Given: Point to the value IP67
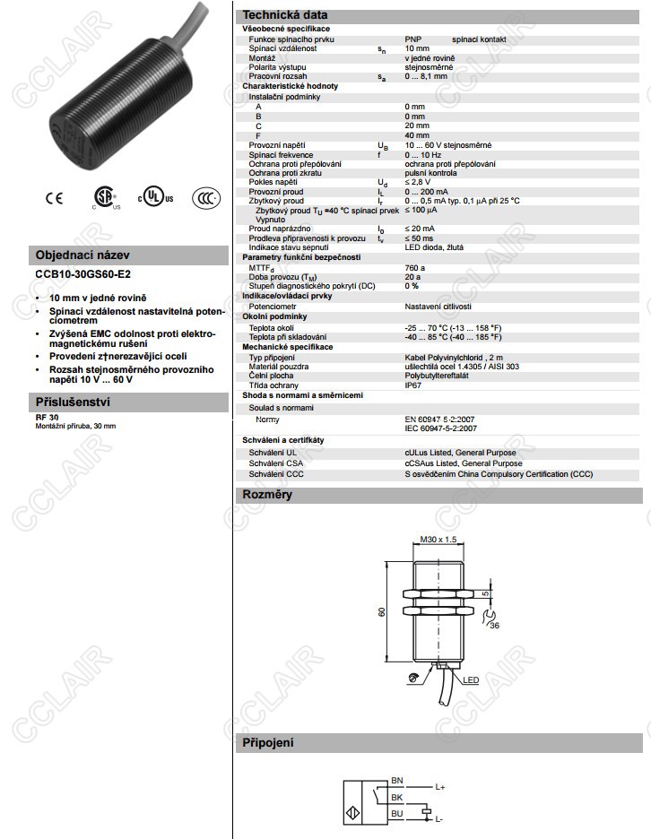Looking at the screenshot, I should (413, 385).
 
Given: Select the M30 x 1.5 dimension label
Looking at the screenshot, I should (438, 540).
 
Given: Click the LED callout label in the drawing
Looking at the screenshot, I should (471, 680).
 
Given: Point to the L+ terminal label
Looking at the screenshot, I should (440, 786).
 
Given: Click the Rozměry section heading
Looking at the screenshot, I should (267, 494).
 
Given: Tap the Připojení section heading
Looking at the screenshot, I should (268, 742).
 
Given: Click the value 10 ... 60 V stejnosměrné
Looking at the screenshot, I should (447, 145).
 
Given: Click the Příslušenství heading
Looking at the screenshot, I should (72, 401).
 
